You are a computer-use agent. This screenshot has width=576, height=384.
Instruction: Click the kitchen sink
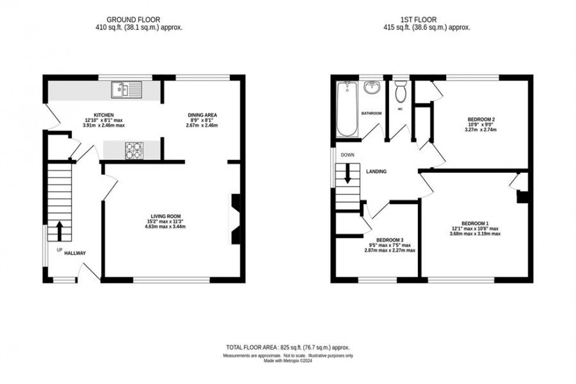(x=126, y=90)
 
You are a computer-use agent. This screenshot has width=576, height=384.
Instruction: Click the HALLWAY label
(x=75, y=253)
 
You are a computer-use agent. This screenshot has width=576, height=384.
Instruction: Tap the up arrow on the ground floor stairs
(x=59, y=229)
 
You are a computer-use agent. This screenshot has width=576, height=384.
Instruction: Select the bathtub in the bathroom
(x=346, y=109)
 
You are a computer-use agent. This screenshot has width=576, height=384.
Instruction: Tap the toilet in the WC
(x=401, y=92)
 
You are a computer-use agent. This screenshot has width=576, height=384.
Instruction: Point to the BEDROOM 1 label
(x=475, y=223)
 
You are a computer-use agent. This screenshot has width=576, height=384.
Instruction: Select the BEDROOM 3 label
(x=390, y=240)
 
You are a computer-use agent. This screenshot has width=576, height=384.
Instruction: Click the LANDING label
(x=376, y=172)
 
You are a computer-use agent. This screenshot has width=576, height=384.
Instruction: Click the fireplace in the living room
(x=233, y=219)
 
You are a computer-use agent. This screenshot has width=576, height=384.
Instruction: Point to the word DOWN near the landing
(x=348, y=156)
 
